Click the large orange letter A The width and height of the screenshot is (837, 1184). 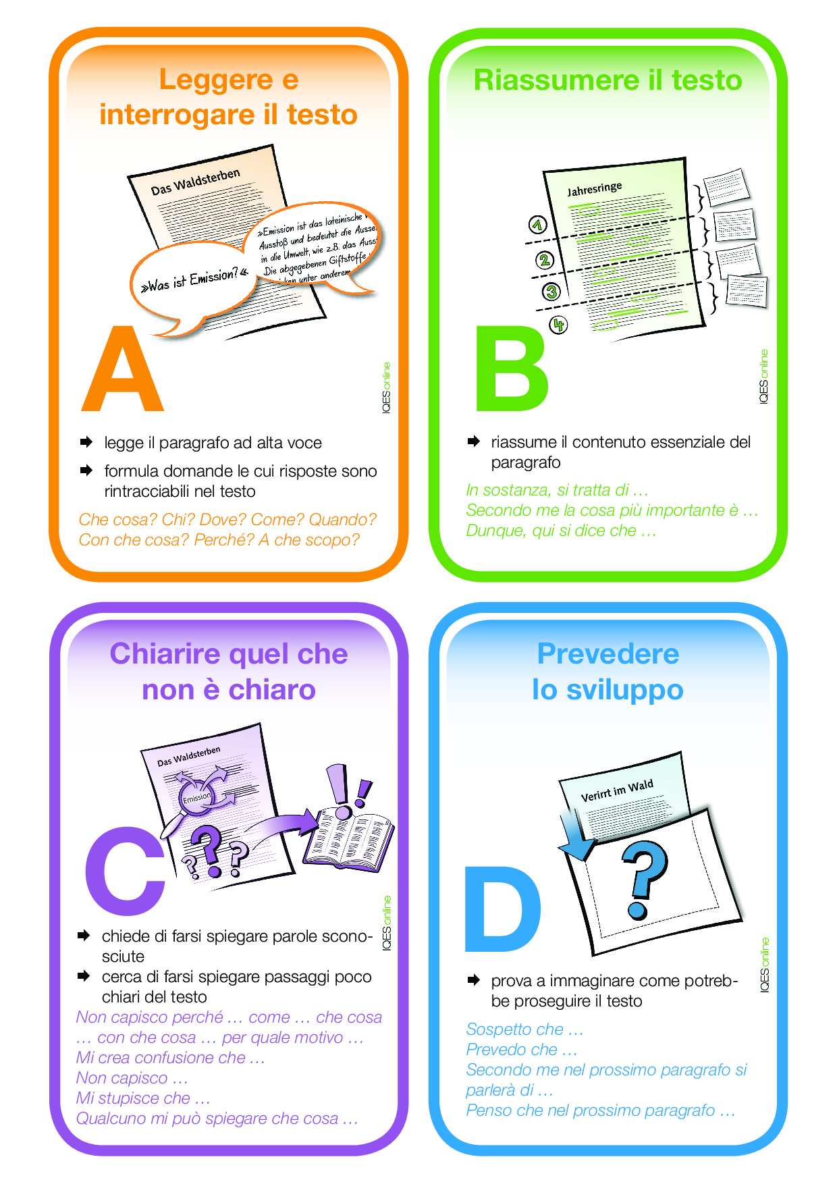pos(123,371)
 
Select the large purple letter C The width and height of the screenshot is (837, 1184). pos(125,871)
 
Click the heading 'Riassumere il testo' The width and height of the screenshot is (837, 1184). pos(607,80)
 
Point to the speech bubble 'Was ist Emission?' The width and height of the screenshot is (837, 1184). pos(192,280)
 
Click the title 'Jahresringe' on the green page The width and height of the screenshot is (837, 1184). pos(594,188)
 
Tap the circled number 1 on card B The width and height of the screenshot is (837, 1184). pos(537,225)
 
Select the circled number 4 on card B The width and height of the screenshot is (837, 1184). pos(558,325)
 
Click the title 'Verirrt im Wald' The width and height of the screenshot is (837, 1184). pos(617,790)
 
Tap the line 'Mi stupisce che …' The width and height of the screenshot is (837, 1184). pos(143,1098)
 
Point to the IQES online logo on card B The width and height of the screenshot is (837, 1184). pos(763,377)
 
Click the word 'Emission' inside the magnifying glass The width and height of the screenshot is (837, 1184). pos(197,797)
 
